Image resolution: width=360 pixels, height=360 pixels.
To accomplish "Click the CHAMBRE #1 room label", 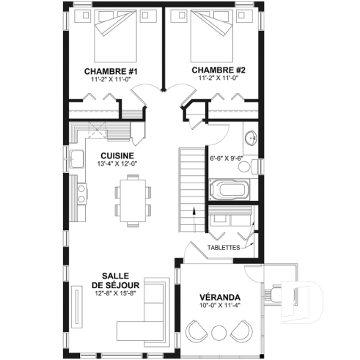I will coord(111,70).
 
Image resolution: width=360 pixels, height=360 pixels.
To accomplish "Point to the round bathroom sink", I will coord(250,136).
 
